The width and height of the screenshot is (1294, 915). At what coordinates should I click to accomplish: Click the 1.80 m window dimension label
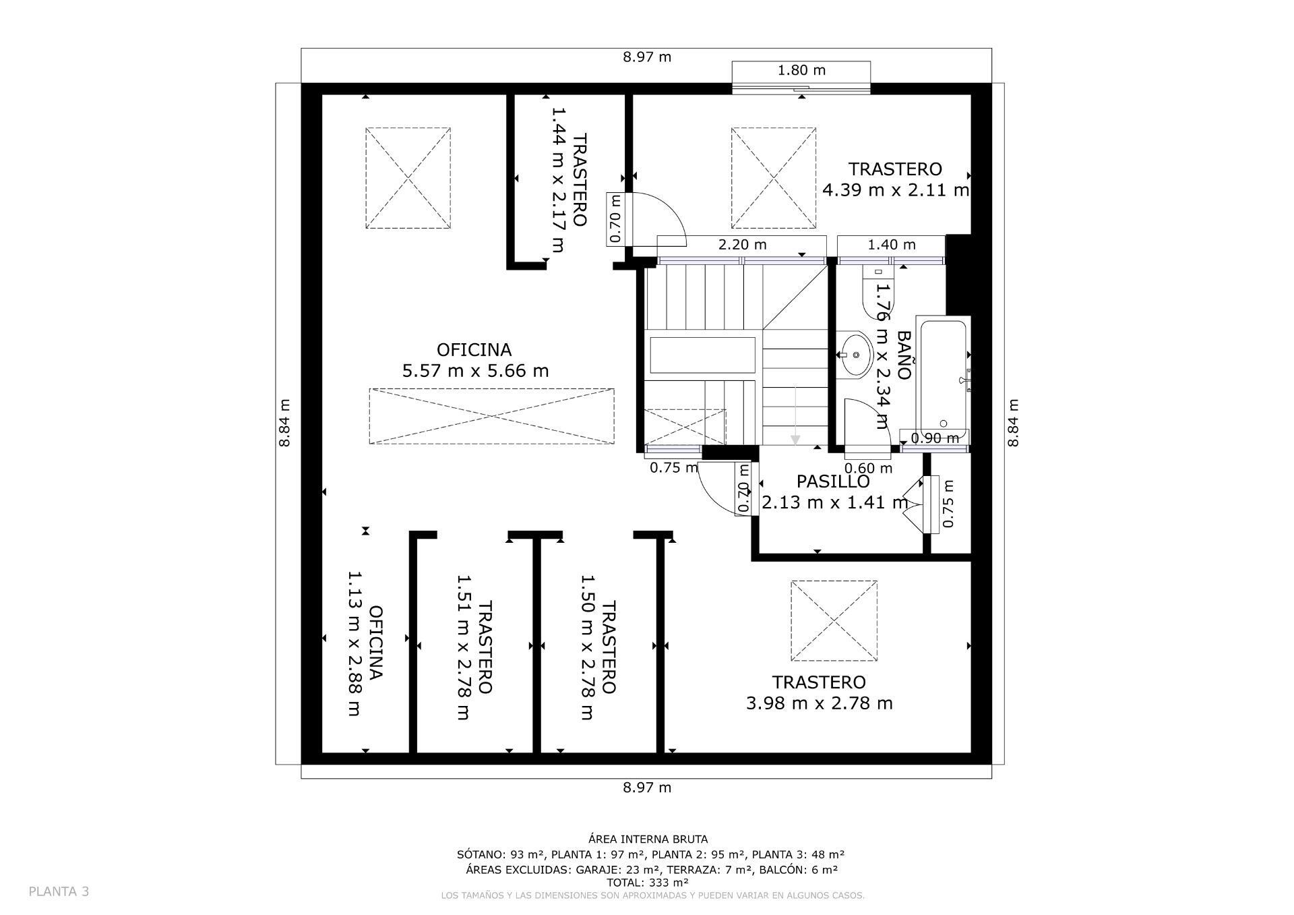pyautogui.click(x=801, y=70)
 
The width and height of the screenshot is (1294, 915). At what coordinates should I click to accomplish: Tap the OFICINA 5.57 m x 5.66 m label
pyautogui.click(x=475, y=360)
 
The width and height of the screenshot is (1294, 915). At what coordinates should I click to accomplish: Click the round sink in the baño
pyautogui.click(x=855, y=355)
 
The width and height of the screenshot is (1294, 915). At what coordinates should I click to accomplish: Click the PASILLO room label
pyautogui.click(x=833, y=481)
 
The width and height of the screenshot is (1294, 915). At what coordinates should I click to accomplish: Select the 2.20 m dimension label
pyautogui.click(x=742, y=245)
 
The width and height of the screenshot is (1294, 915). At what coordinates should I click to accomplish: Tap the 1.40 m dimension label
pyautogui.click(x=891, y=245)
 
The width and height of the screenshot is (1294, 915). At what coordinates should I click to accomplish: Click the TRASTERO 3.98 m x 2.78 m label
pyautogui.click(x=819, y=693)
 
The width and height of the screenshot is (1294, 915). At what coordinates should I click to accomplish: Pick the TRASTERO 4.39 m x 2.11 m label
pyautogui.click(x=895, y=179)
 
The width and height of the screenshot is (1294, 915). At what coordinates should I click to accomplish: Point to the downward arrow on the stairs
pyautogui.click(x=795, y=425)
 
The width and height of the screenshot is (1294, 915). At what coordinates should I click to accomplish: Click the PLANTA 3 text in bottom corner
pyautogui.click(x=59, y=891)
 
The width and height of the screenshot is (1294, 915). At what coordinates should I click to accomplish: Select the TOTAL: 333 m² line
pyautogui.click(x=647, y=882)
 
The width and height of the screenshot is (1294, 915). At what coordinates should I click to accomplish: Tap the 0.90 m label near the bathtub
pyautogui.click(x=934, y=438)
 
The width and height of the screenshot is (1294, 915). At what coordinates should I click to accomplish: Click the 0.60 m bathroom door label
pyautogui.click(x=868, y=468)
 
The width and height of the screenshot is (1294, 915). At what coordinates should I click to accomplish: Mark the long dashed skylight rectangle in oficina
pyautogui.click(x=491, y=416)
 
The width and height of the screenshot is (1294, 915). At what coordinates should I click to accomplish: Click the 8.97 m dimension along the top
pyautogui.click(x=647, y=57)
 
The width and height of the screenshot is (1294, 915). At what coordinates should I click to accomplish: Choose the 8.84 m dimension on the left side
pyautogui.click(x=284, y=423)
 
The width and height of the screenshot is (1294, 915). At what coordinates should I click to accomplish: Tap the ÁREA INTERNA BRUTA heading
pyautogui.click(x=648, y=839)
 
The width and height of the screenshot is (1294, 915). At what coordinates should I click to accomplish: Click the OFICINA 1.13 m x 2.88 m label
pyautogui.click(x=365, y=643)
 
